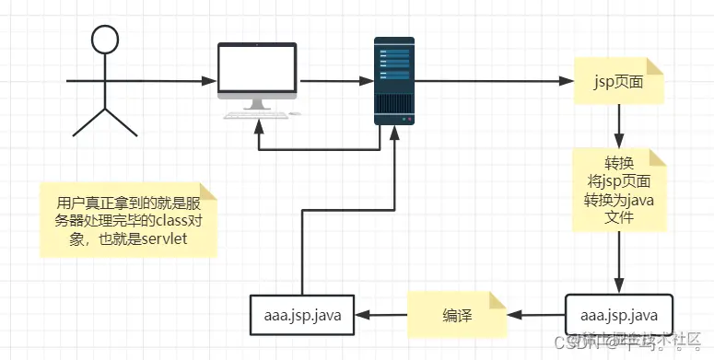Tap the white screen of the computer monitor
pos(258,68)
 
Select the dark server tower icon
pos(394,81)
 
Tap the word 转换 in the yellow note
pos(616,162)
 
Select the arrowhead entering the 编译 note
pos(516,315)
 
